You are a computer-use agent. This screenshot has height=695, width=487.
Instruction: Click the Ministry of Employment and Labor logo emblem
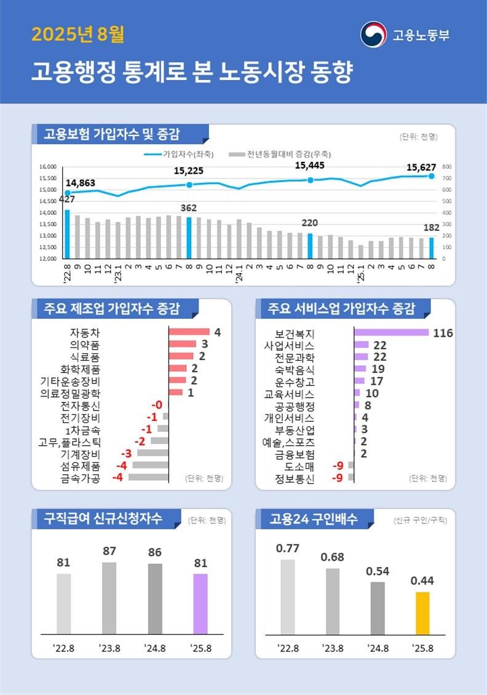[373, 34]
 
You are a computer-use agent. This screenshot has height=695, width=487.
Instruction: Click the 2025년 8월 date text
[77, 34]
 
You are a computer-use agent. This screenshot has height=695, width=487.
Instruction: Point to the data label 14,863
[80, 183]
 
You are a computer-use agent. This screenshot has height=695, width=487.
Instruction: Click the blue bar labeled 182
[431, 247]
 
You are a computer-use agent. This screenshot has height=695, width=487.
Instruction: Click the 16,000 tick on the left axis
[48, 167]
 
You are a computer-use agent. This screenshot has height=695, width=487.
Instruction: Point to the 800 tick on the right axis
[446, 167]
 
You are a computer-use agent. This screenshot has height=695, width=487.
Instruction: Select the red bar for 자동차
[189, 332]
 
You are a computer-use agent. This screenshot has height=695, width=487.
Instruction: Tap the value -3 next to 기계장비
[125, 454]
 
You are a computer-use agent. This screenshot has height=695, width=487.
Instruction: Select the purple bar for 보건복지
[391, 333]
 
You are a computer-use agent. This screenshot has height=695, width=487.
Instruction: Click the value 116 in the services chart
[443, 333]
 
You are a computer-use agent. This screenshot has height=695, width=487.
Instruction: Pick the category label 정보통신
[295, 478]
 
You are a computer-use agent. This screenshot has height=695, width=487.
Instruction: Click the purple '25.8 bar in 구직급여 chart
[200, 604]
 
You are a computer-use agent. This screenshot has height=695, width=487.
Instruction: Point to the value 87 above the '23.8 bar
[109, 551]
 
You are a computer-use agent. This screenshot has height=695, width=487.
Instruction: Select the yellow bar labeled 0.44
[422, 613]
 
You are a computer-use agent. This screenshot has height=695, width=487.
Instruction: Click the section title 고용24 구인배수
[313, 519]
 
